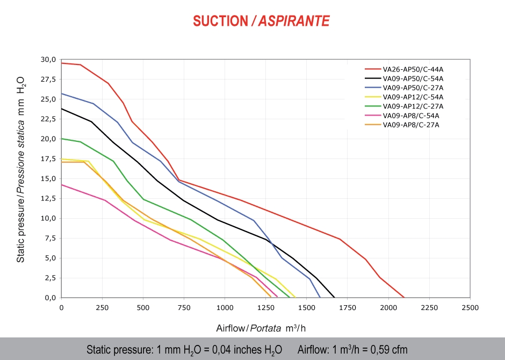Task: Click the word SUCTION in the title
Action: pos(219,21)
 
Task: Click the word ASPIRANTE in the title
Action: pos(294,21)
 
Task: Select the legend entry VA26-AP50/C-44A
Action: pos(413,69)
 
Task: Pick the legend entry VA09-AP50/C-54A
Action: pos(413,78)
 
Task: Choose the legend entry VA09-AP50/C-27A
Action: pos(413,88)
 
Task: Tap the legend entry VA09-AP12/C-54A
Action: pos(413,97)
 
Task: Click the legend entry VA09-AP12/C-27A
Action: pos(413,106)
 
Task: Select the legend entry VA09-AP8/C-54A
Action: pos(411,115)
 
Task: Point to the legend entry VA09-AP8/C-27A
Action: pos(411,125)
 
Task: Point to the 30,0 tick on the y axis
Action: pos(49,60)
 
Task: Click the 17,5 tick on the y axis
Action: pos(49,159)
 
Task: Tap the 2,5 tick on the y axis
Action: pos(50,278)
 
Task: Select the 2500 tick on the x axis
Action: pos(470,308)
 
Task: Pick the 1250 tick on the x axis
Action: pos(265,308)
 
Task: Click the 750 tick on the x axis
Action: pos(184,308)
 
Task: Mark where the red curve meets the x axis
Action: pos(404,297)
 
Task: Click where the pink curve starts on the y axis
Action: pos(62,184)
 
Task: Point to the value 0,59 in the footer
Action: pos(373,350)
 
